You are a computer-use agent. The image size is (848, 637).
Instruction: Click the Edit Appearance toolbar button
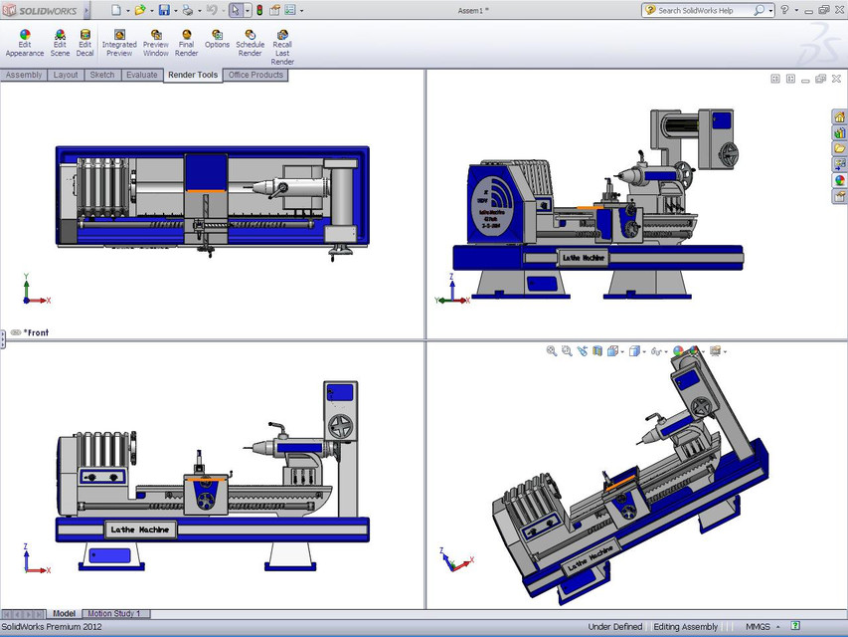[x=25, y=41]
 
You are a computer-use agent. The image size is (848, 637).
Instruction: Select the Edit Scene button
[x=60, y=41]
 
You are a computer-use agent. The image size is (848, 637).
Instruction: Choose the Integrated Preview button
[x=119, y=41]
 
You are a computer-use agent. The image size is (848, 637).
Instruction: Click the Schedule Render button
[x=250, y=41]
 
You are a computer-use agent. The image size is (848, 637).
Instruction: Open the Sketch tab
[x=102, y=75]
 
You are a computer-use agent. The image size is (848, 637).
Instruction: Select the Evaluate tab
[x=141, y=75]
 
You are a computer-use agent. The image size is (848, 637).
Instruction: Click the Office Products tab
[x=255, y=75]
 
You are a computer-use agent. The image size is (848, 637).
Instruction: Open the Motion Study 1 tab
[x=114, y=614]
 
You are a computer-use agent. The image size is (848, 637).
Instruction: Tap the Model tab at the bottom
[x=64, y=614]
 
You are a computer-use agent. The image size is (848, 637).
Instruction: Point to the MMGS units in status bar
[x=759, y=627]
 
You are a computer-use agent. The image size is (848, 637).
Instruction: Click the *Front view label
[x=36, y=332]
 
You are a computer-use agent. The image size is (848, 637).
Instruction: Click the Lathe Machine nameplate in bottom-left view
[x=140, y=530]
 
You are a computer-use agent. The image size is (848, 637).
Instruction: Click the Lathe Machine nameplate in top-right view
[x=584, y=258]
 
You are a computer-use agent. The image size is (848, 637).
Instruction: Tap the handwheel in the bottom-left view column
[x=341, y=424]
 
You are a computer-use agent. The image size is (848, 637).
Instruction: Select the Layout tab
[x=66, y=75]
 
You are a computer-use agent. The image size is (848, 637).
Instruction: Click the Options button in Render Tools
[x=217, y=41]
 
